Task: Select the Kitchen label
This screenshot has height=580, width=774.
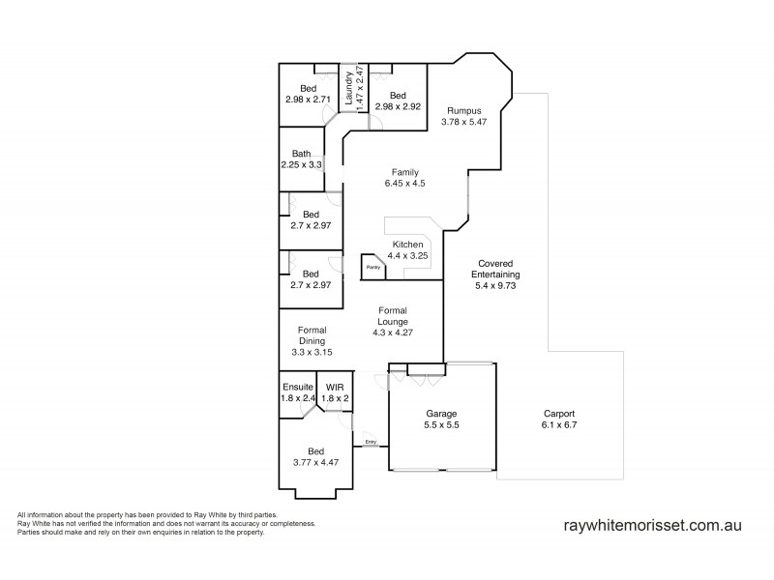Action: (x=406, y=245)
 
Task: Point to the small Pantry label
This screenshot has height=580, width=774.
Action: (x=372, y=267)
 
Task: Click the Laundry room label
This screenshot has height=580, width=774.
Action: (x=349, y=76)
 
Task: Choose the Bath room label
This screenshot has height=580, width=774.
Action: (x=302, y=154)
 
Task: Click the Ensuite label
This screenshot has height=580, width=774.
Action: (x=298, y=387)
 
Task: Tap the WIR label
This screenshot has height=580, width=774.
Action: (x=334, y=387)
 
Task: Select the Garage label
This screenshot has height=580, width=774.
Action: (x=441, y=414)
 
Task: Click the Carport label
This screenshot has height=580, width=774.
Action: (x=559, y=414)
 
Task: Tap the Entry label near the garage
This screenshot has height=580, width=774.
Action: (x=370, y=444)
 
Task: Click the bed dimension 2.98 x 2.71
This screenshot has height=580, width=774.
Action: (x=309, y=99)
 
